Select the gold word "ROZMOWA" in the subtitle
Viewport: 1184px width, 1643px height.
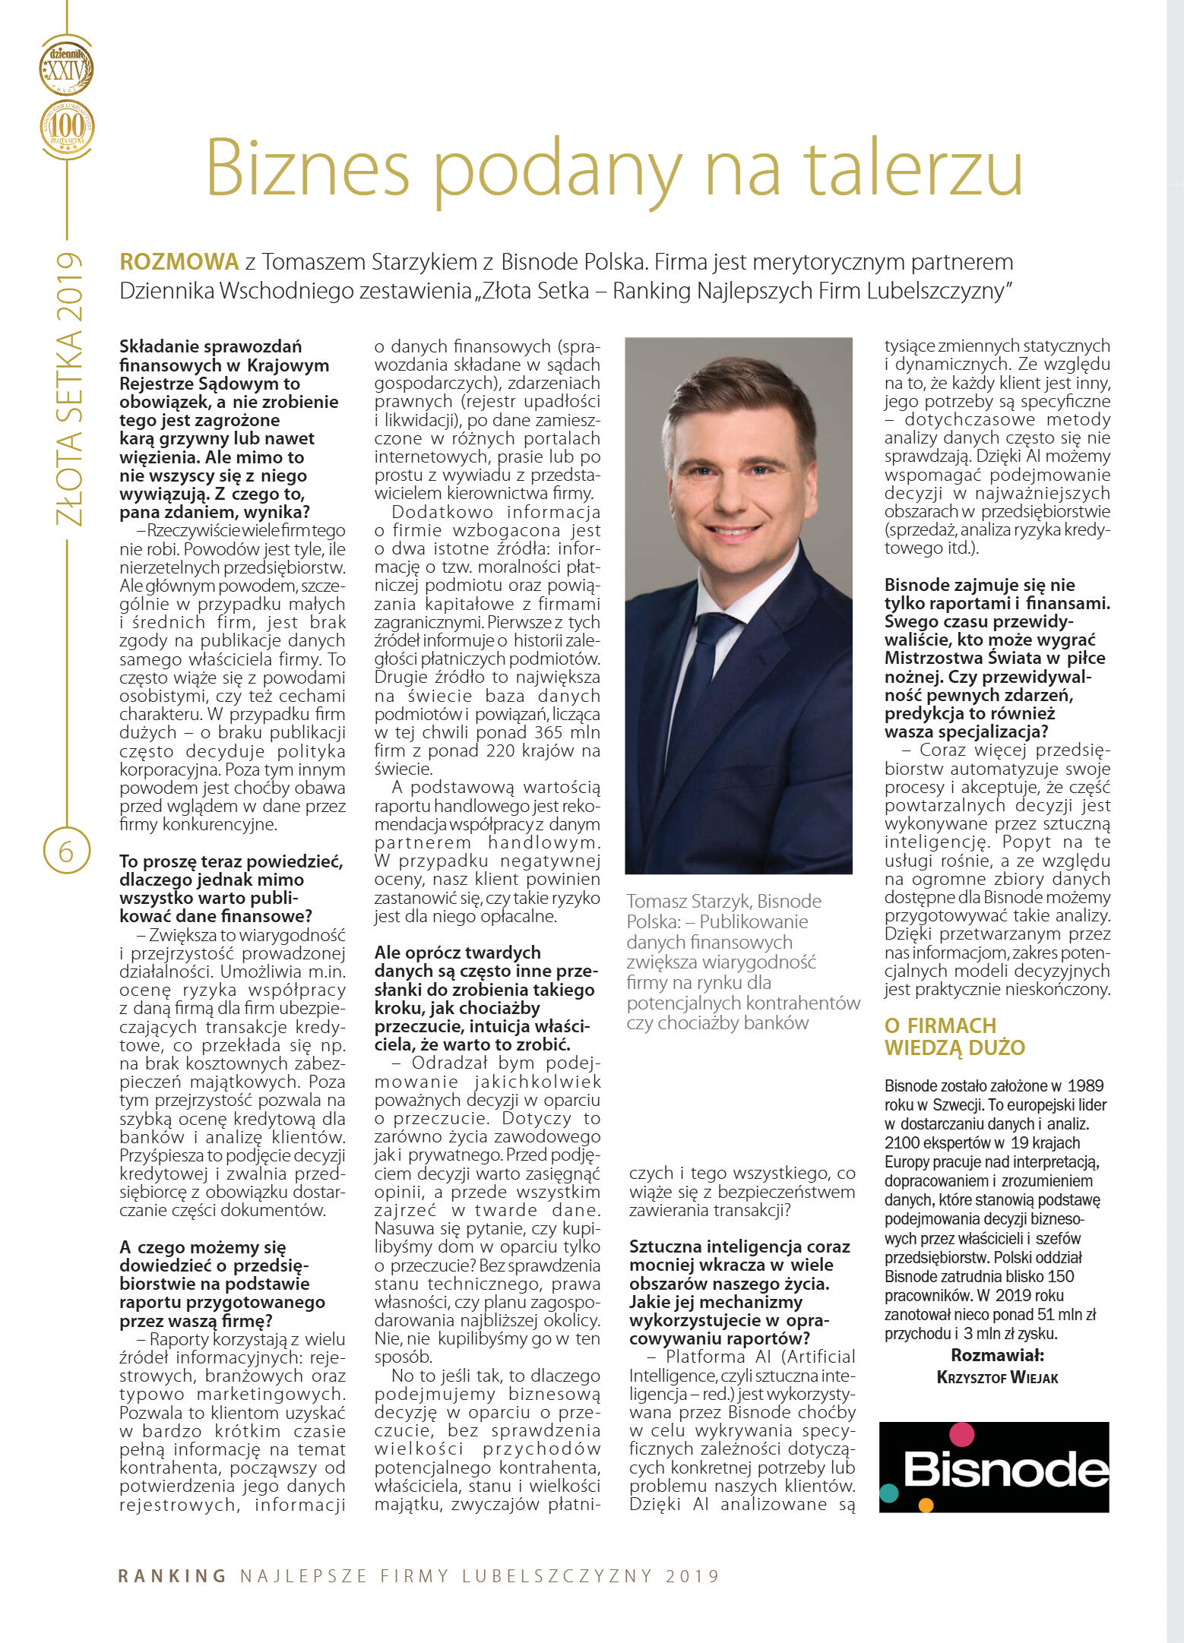coord(179,262)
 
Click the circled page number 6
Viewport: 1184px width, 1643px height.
coord(66,851)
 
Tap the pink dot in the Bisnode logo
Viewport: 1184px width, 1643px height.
coord(961,1433)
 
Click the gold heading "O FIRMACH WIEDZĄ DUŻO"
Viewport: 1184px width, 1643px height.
coord(954,1036)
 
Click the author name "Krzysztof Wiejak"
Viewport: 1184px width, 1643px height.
coord(997,1377)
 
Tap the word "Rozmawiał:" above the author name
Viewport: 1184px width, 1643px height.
coord(997,1356)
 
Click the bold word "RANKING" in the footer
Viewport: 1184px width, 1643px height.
coord(173,1575)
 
